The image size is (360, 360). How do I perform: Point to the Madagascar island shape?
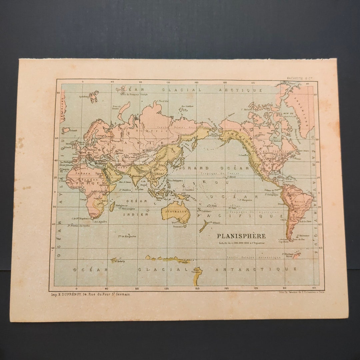[112, 207]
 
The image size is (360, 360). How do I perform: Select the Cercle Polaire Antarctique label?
[253, 257]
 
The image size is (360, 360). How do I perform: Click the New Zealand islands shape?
[202, 227]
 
